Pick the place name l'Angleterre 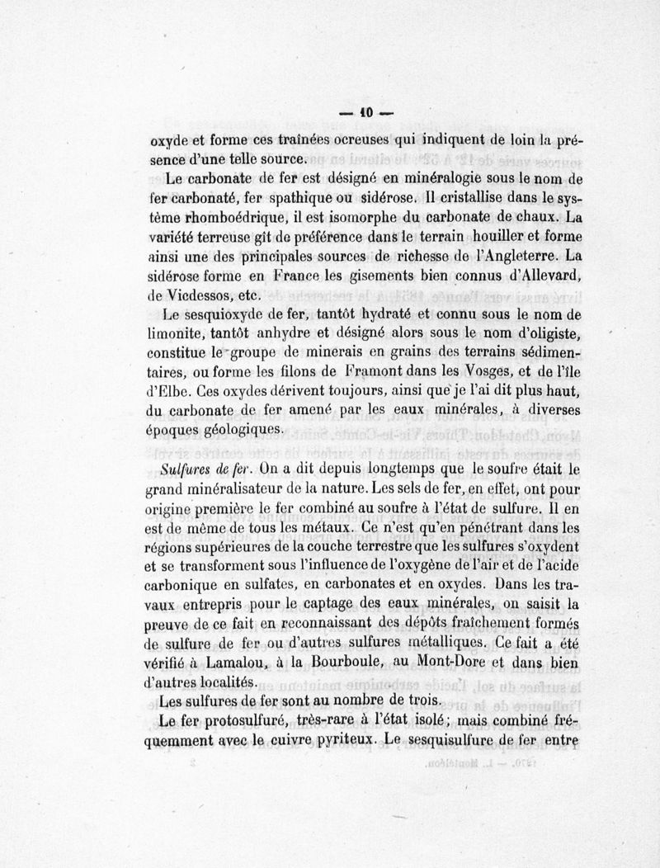point(520,258)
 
